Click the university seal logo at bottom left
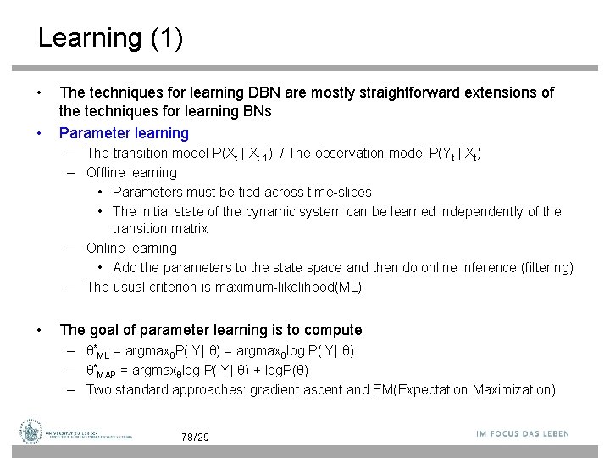tap(31, 432)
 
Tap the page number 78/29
tap(195, 438)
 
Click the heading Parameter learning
tap(124, 132)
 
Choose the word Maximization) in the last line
tap(520, 389)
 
